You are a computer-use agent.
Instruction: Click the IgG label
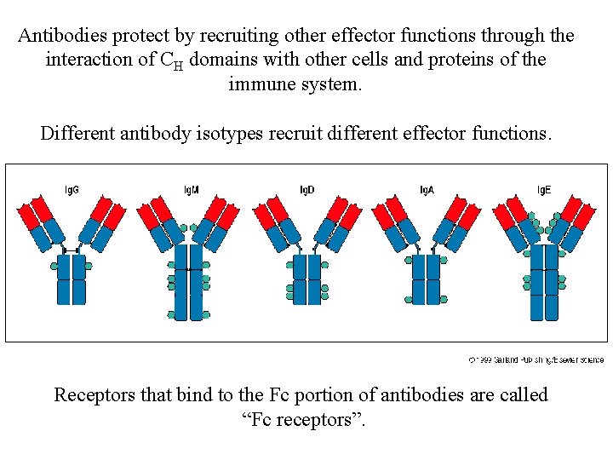(x=72, y=189)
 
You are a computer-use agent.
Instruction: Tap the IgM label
(x=192, y=189)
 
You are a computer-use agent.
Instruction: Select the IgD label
(x=306, y=189)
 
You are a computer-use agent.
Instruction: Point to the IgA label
(x=427, y=189)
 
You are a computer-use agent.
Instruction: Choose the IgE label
(x=544, y=189)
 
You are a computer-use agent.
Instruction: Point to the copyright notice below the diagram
(x=536, y=359)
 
